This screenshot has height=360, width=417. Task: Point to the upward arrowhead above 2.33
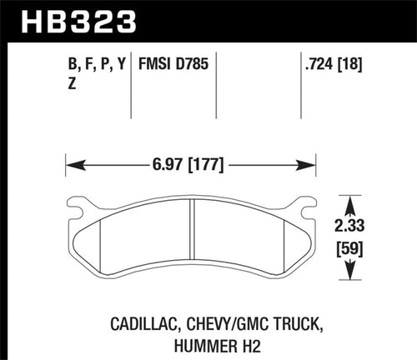tap(353, 204)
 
